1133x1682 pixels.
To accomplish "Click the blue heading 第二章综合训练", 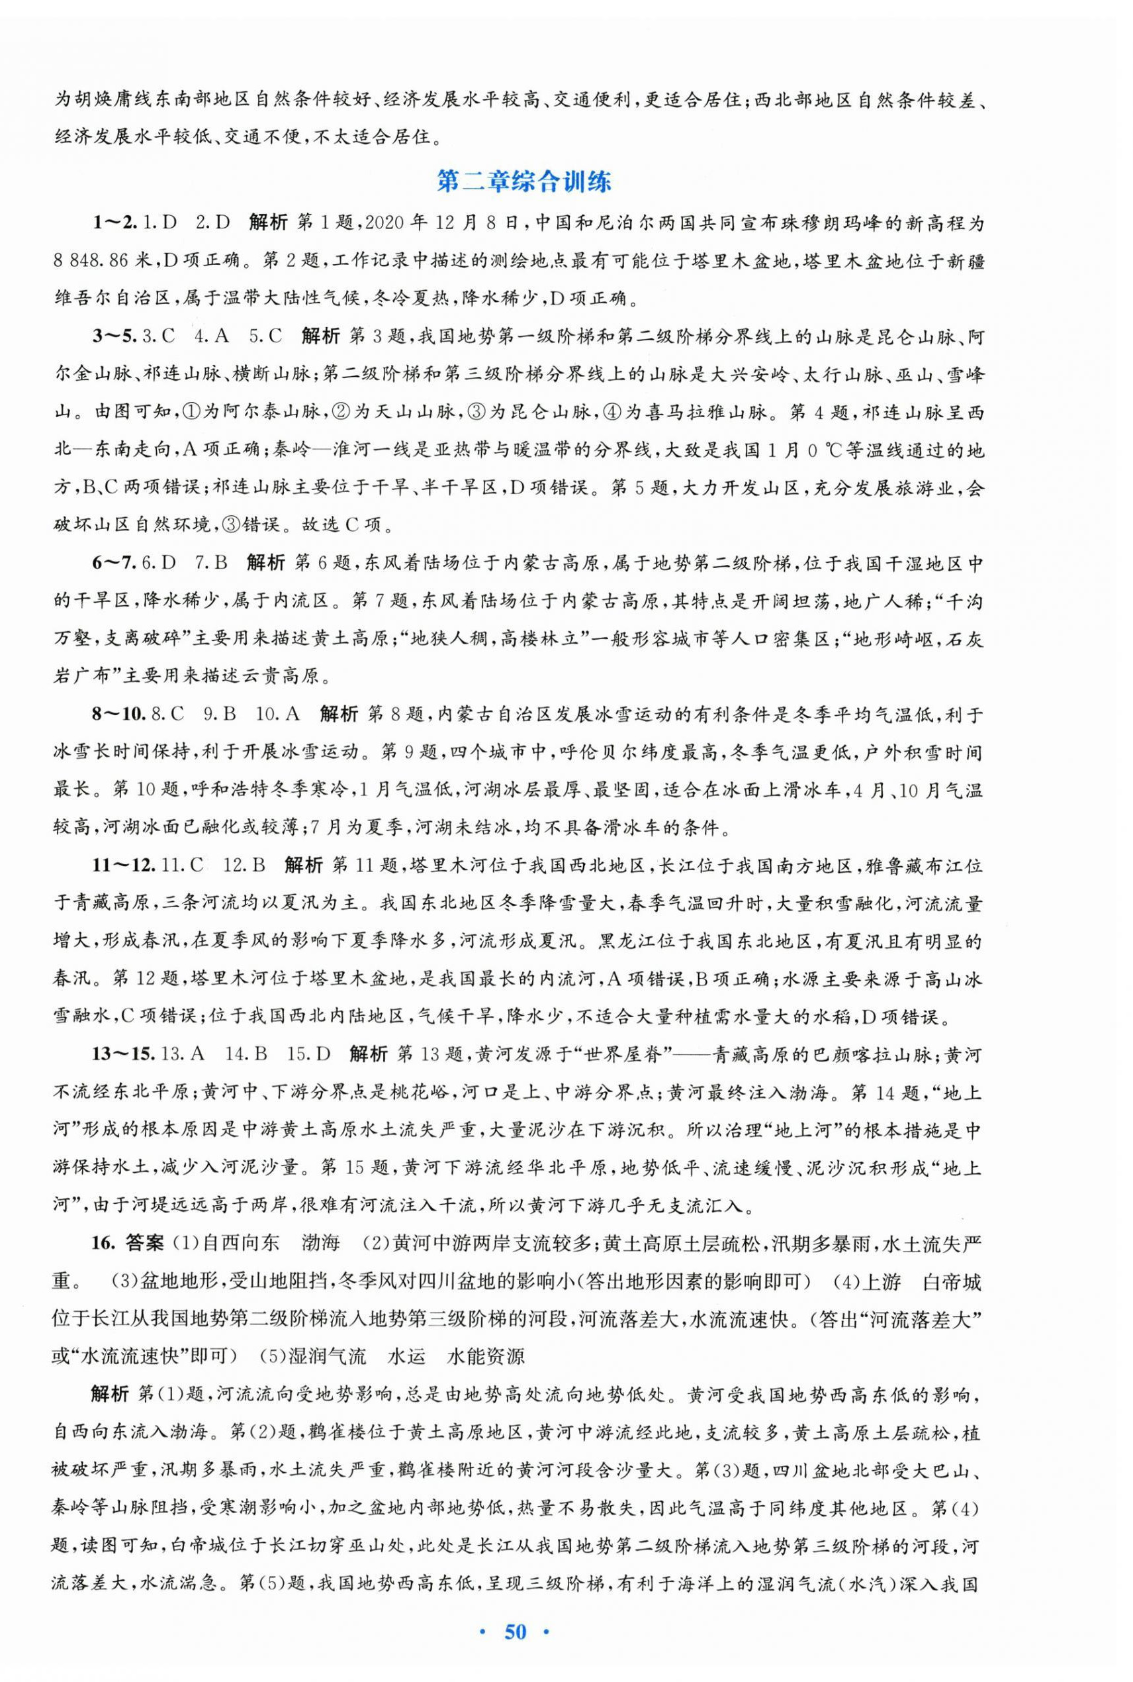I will pyautogui.click(x=525, y=182).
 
